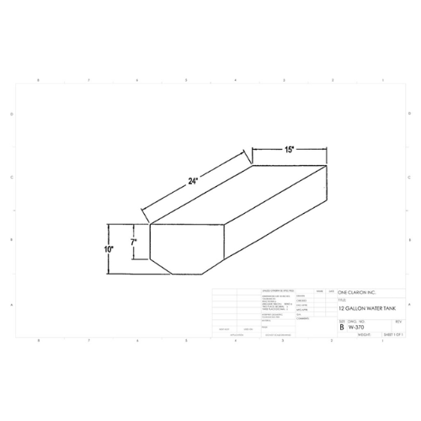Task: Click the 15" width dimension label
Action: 289,150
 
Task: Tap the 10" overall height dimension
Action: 109,250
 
